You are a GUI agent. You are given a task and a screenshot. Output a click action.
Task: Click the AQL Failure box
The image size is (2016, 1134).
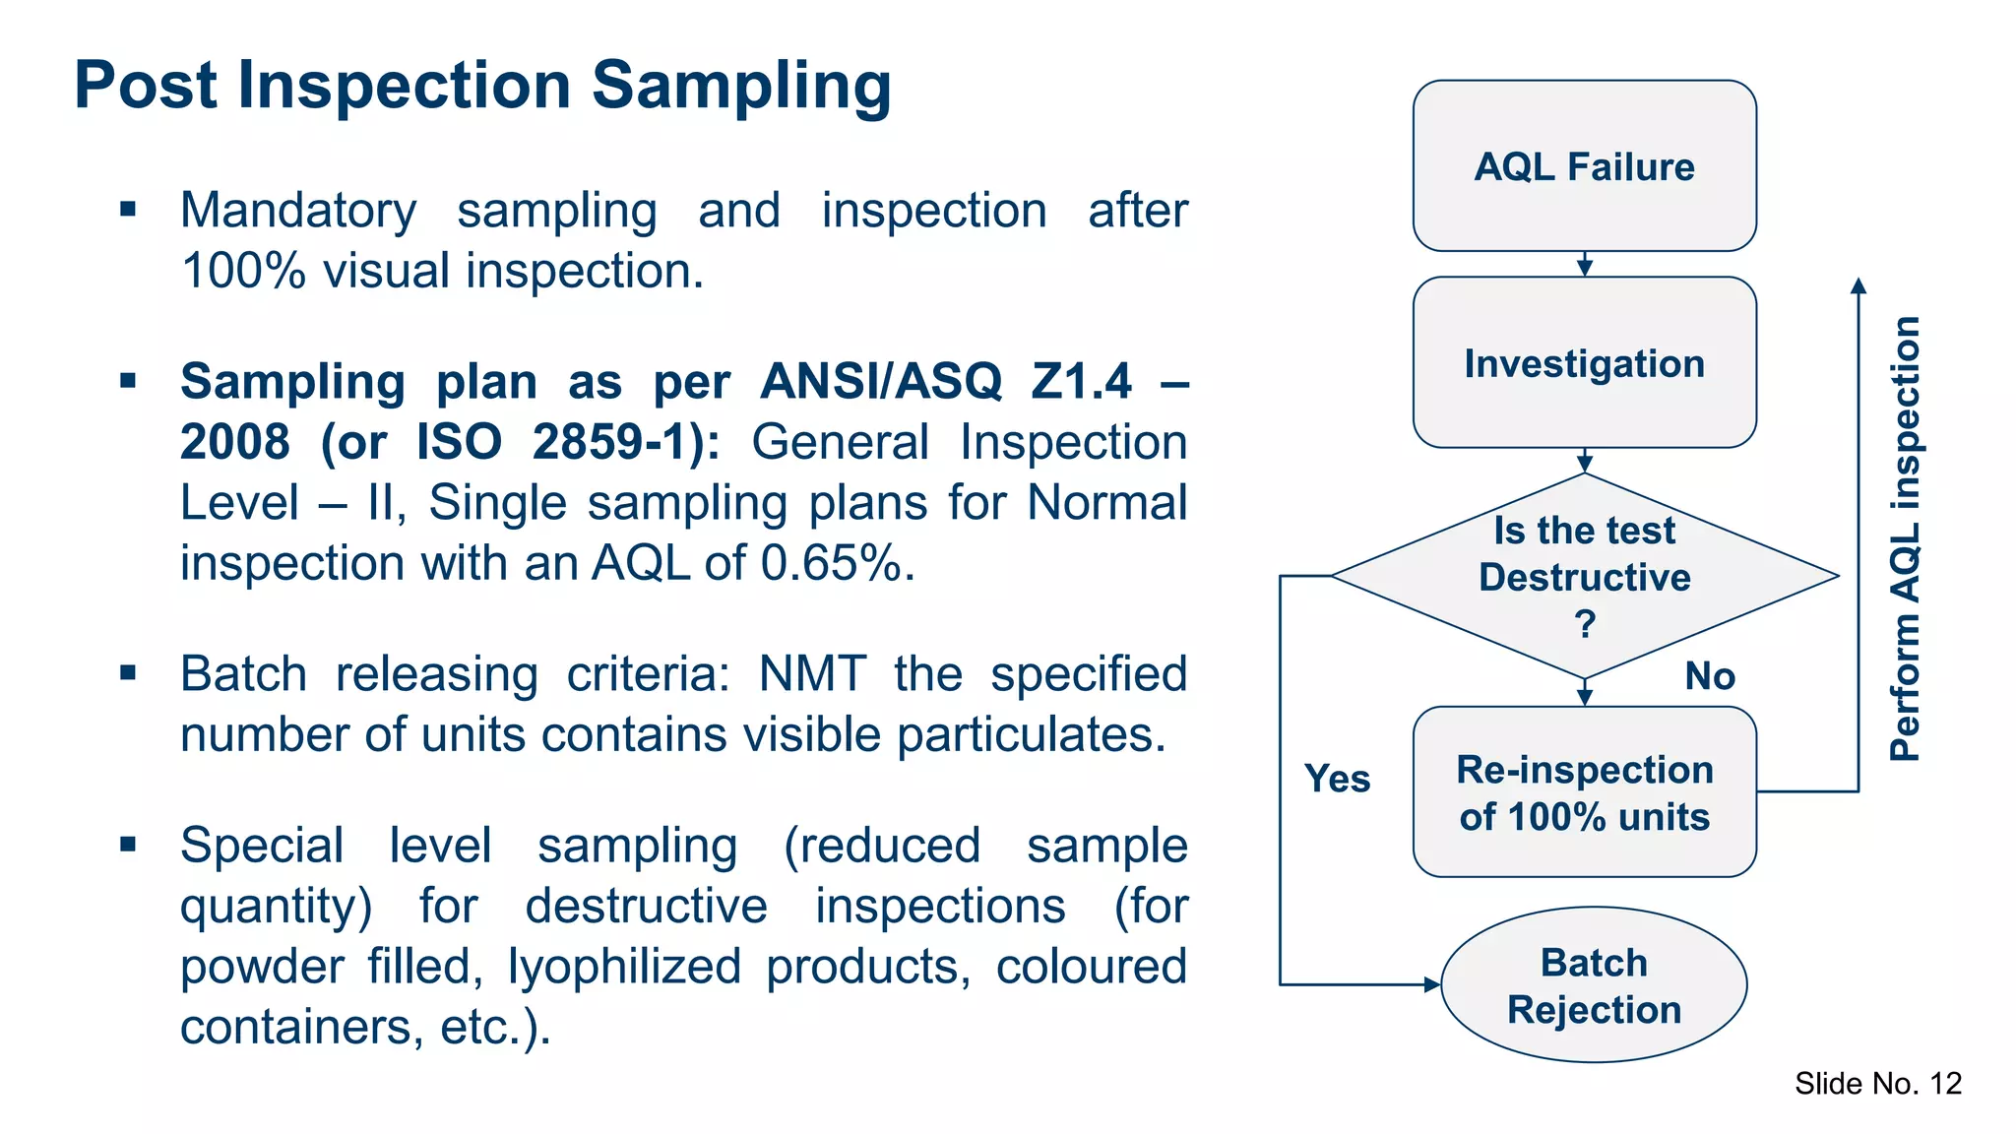(x=1584, y=165)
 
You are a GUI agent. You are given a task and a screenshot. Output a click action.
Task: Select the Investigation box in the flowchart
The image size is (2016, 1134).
(x=1584, y=362)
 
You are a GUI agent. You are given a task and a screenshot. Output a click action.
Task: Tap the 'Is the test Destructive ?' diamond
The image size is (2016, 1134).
(x=1584, y=576)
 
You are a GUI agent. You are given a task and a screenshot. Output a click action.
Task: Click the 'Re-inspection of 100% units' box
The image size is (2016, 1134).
(x=1584, y=792)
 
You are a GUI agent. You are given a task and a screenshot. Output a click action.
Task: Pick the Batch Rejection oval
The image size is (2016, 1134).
(x=1594, y=985)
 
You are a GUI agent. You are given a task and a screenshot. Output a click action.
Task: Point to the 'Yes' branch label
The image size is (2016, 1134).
(x=1337, y=779)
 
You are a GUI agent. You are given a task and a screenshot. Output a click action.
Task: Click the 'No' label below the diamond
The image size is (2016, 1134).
(x=1709, y=676)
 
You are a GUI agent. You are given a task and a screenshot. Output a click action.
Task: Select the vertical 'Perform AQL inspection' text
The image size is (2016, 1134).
(x=1906, y=538)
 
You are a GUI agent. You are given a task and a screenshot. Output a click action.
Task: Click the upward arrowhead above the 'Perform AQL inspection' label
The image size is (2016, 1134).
(x=1858, y=285)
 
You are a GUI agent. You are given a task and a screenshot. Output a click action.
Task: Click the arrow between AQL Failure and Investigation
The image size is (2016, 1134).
(x=1585, y=265)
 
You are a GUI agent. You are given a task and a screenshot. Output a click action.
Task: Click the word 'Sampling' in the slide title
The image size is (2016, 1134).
(x=740, y=86)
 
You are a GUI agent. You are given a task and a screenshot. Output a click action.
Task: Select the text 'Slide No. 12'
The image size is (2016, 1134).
(x=1877, y=1084)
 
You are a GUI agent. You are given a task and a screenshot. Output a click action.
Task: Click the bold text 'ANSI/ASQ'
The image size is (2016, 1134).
(x=881, y=381)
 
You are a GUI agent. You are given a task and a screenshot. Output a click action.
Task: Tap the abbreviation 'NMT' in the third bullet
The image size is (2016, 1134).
(x=812, y=675)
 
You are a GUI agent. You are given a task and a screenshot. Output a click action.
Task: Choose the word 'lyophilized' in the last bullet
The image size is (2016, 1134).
(x=624, y=967)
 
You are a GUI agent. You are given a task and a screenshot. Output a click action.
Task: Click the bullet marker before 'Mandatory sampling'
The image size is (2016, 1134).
(x=128, y=209)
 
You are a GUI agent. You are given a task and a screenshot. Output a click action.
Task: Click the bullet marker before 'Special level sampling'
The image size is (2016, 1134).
(x=128, y=844)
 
